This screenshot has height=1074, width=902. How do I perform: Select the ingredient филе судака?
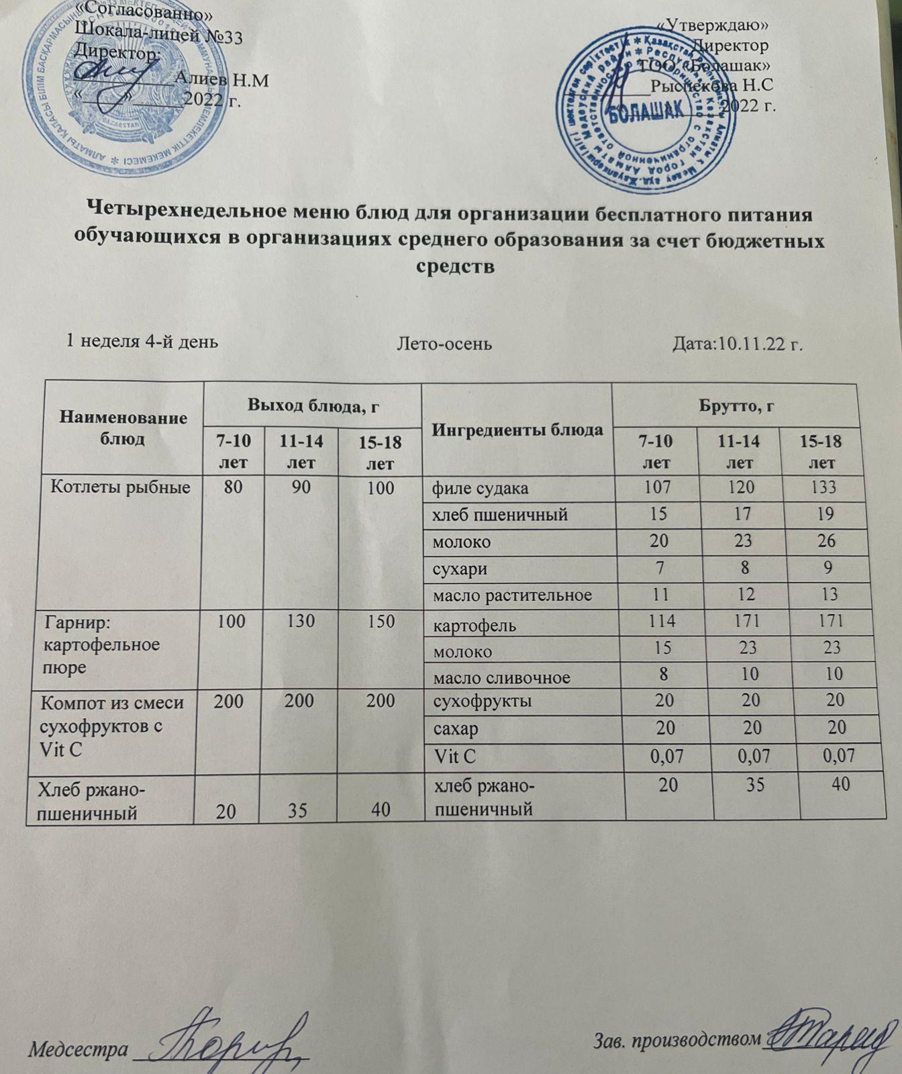[x=479, y=489]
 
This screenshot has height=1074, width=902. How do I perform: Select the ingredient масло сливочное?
[x=502, y=677]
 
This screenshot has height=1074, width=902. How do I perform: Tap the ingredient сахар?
[x=456, y=729]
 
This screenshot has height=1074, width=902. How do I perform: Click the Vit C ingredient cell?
[x=456, y=757]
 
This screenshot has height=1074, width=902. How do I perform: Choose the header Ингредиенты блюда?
[x=517, y=430]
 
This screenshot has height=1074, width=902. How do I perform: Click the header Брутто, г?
[x=736, y=405]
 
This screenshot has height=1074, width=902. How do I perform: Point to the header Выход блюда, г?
[x=312, y=405]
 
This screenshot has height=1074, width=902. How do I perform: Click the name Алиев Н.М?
[x=221, y=81]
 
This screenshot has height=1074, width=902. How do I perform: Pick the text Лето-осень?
[x=444, y=344]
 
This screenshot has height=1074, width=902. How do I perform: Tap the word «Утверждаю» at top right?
[x=711, y=24]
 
